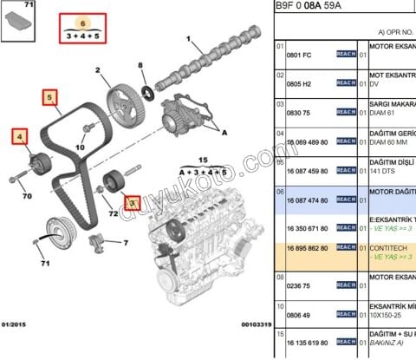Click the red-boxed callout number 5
(x=50, y=97)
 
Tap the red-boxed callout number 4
(x=19, y=136)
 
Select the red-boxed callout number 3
(x=132, y=203)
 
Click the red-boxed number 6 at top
(x=82, y=23)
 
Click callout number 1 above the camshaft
(x=189, y=39)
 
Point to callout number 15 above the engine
(x=205, y=160)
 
